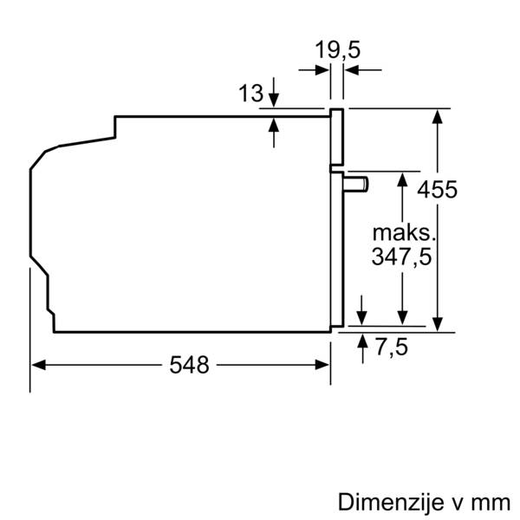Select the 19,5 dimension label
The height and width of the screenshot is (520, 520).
(337, 50)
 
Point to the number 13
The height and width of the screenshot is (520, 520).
(251, 93)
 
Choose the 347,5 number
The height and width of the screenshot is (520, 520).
(401, 257)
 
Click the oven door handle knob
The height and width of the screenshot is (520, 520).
(355, 183)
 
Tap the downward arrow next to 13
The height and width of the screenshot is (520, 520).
(274, 101)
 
